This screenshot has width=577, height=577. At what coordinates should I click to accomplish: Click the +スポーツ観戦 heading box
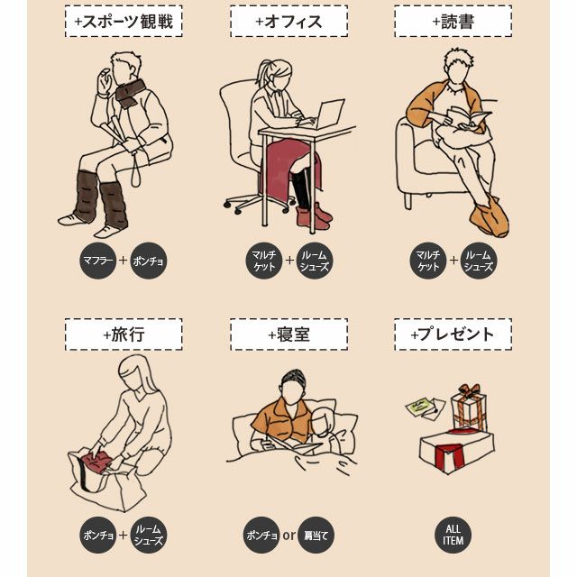click(x=124, y=21)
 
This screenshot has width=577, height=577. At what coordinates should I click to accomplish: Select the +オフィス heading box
click(x=288, y=21)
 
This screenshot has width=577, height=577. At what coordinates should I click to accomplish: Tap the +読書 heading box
click(x=453, y=21)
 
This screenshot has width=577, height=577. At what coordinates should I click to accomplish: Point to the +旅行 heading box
click(x=124, y=334)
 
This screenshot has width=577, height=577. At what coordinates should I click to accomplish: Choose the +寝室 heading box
click(x=288, y=334)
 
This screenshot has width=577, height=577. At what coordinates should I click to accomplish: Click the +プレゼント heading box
click(x=453, y=334)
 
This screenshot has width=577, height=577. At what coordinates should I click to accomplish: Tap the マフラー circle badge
click(x=98, y=261)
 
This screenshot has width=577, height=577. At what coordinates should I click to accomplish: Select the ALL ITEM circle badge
click(x=453, y=536)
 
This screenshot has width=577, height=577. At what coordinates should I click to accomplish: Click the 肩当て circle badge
click(x=316, y=536)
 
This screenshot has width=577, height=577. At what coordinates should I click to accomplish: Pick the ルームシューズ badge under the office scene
click(x=314, y=261)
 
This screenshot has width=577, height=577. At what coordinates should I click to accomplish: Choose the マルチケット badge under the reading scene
click(x=428, y=261)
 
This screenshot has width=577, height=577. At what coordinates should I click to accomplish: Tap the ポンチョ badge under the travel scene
click(x=98, y=536)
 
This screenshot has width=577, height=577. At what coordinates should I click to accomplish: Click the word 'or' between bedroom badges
click(x=288, y=535)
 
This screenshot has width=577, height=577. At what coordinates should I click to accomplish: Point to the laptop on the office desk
click(x=328, y=114)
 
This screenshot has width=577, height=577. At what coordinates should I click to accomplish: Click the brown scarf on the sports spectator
click(x=130, y=93)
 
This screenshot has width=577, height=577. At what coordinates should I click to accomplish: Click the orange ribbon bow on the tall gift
click(x=469, y=390)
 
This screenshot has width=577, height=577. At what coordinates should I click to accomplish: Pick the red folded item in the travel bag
click(x=96, y=463)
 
